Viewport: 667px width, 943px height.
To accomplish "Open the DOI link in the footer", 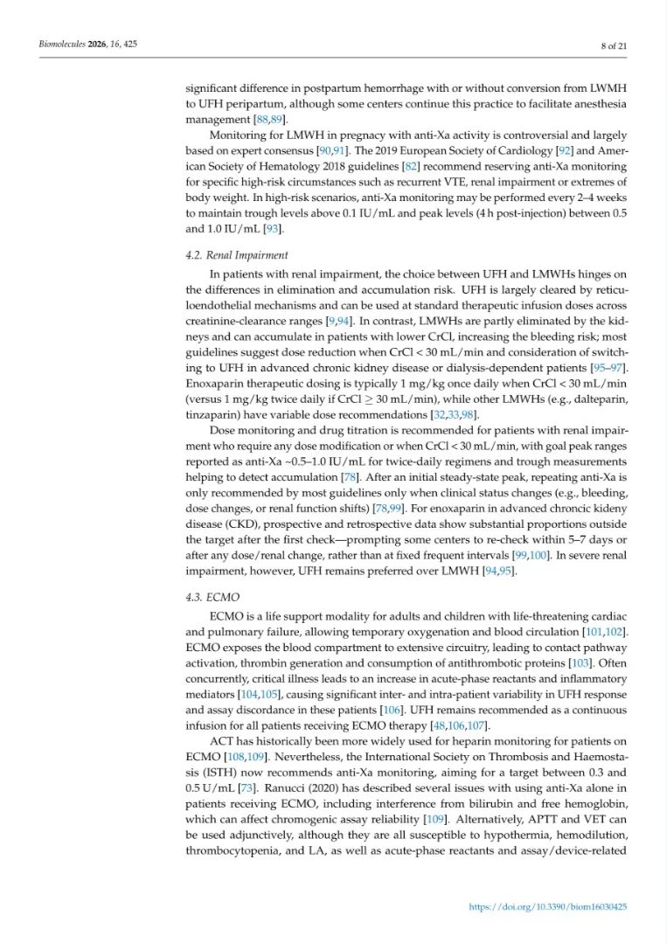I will [548, 907].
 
